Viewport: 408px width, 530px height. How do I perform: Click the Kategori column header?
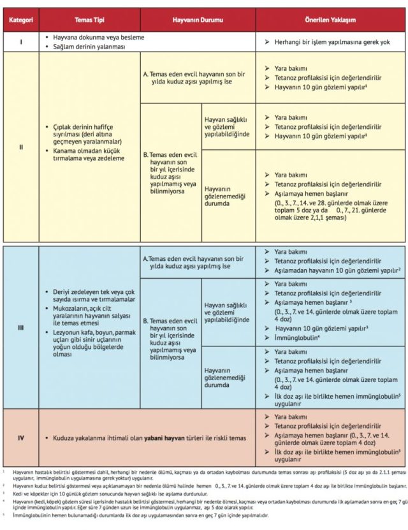(x=20, y=20)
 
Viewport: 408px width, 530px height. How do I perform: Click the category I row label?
(x=20, y=42)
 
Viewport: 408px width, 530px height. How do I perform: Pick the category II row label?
(x=20, y=147)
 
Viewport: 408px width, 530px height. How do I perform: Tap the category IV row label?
(x=20, y=438)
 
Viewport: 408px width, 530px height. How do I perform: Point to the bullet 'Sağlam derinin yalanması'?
(x=96, y=47)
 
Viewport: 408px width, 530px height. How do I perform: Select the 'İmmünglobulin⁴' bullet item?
(x=298, y=338)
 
